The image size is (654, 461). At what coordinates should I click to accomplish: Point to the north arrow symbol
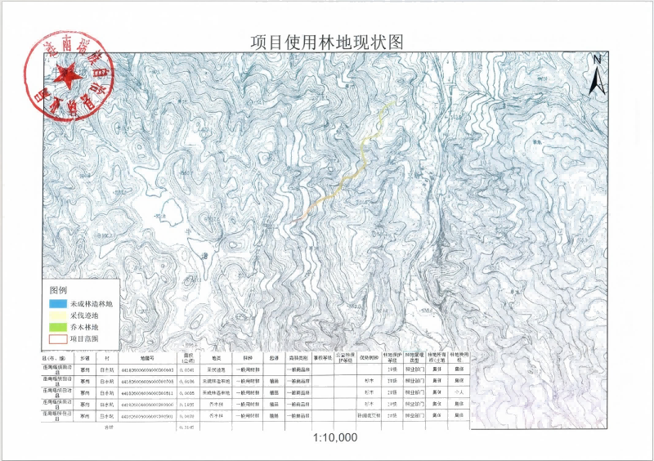pyautogui.click(x=598, y=74)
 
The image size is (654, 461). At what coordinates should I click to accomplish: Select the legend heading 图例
pyautogui.click(x=58, y=291)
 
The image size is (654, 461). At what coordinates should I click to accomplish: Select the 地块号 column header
pyautogui.click(x=147, y=358)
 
